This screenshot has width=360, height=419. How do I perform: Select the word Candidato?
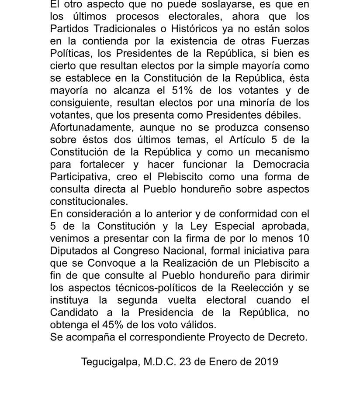(x=75, y=313)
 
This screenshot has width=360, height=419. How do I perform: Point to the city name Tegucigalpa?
(x=109, y=362)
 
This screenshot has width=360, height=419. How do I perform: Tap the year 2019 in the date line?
(x=267, y=362)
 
